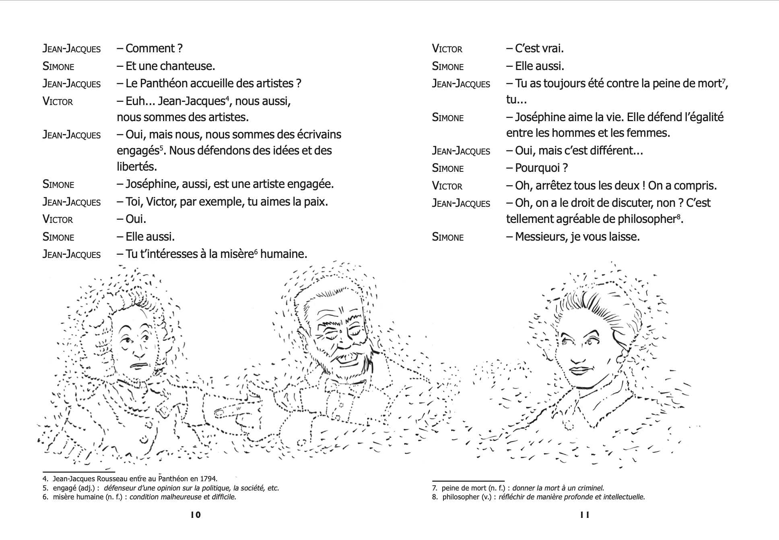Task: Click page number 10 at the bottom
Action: [x=196, y=515]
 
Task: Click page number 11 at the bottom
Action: [x=585, y=515]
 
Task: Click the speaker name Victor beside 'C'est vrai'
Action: [x=447, y=49]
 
